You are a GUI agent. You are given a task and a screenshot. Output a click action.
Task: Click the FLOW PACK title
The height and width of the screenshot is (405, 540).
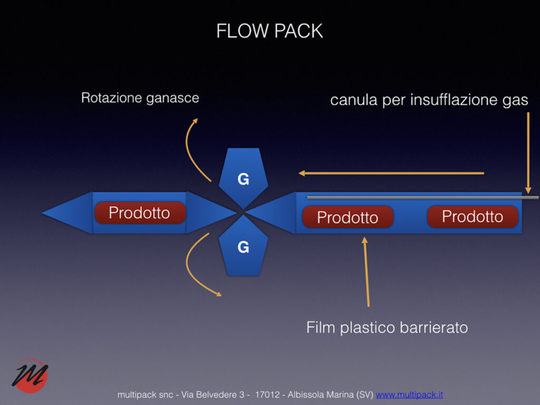tap(269, 31)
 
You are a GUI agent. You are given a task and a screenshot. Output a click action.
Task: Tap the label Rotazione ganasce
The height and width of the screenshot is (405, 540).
tap(140, 98)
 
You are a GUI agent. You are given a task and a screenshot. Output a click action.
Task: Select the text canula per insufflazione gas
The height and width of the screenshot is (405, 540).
tap(429, 100)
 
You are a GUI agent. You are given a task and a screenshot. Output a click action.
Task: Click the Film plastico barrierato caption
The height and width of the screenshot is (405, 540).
tap(387, 327)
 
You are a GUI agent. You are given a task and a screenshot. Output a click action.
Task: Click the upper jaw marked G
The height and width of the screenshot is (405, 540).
tap(243, 176)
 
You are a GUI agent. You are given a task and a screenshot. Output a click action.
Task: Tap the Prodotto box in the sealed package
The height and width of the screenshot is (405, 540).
tap(140, 213)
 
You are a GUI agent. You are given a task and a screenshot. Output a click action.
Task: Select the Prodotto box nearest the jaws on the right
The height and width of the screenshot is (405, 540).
tap(348, 217)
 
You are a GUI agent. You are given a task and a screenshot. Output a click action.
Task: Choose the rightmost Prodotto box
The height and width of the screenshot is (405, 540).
tap(472, 216)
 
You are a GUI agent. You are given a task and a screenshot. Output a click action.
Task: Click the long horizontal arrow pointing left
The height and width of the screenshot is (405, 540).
tap(390, 173)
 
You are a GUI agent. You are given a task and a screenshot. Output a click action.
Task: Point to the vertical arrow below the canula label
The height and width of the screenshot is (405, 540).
tap(528, 153)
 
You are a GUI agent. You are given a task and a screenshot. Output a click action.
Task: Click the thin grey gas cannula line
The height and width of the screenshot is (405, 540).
tap(422, 198)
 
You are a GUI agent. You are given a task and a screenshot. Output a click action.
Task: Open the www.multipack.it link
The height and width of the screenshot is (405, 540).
tap(409, 394)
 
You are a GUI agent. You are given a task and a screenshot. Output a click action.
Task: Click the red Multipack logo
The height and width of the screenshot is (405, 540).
tap(30, 375)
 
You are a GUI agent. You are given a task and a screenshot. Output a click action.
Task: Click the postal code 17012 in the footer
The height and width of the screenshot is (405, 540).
tap(267, 394)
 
